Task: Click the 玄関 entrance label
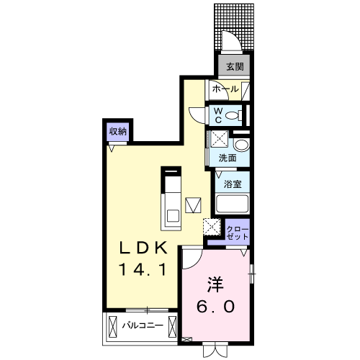click(x=235, y=66)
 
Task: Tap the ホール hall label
click(x=225, y=89)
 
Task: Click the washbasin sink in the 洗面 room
click(x=242, y=145)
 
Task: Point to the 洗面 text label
click(x=228, y=158)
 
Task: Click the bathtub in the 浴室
click(x=232, y=204)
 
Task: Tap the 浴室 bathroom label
click(x=233, y=184)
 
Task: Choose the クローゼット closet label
click(x=237, y=233)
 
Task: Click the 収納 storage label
click(x=117, y=131)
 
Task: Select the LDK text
click(x=143, y=248)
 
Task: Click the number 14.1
click(x=143, y=269)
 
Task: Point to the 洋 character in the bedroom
click(x=215, y=284)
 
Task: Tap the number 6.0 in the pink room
click(x=215, y=306)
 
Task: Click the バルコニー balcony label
click(x=143, y=325)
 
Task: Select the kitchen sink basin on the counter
click(x=173, y=216)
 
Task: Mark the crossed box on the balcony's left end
click(x=112, y=327)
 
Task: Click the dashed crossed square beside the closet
click(x=212, y=227)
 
